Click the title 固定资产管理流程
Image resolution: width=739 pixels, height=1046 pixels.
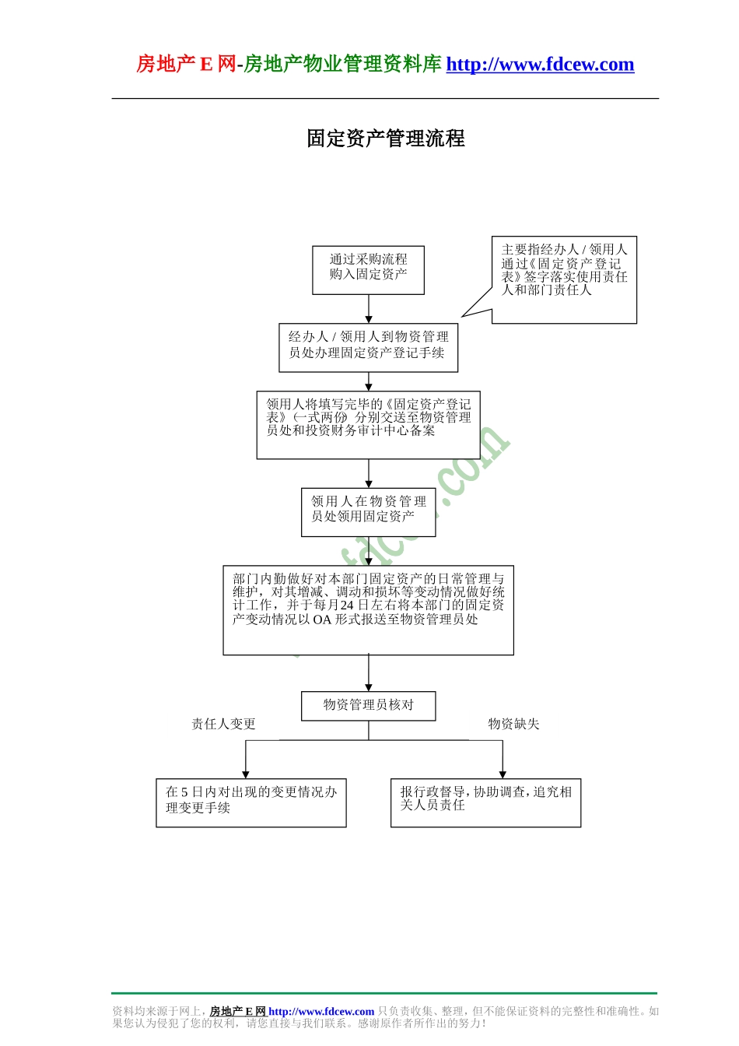pos(385,139)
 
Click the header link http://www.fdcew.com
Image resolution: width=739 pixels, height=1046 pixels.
pos(540,65)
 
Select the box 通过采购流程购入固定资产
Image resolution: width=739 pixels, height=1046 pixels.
pos(368,270)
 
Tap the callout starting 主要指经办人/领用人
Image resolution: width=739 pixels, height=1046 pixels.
pos(564,279)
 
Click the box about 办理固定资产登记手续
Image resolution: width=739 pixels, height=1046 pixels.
pos(368,347)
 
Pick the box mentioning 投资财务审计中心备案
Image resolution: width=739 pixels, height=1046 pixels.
pos(368,424)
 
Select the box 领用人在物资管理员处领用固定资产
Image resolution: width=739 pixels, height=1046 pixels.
pos(368,511)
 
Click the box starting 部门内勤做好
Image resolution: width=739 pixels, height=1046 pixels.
pos(368,609)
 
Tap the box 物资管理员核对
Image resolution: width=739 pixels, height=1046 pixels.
pos(368,705)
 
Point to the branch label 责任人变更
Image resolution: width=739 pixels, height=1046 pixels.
pos(223,724)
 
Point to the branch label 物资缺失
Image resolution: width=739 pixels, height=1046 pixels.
pos(513,724)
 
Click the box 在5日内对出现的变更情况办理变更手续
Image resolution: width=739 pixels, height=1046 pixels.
pos(250,802)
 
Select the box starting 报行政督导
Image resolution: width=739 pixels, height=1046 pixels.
pos(485,802)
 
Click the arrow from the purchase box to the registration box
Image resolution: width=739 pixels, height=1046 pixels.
pos(369,309)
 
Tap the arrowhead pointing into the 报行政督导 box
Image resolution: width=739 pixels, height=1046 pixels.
pos(503,774)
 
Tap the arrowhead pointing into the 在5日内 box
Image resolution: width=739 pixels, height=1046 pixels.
pos(246,774)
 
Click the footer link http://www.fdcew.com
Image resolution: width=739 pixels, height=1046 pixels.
pos(321,1012)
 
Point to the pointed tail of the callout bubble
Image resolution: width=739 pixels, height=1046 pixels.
pos(464,315)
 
